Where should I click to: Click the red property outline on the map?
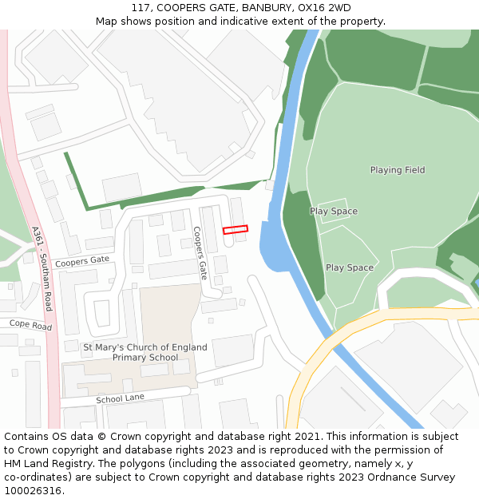[236, 229]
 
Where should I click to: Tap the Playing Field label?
[398, 170]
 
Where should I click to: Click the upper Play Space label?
[334, 212]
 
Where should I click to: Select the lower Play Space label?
[350, 267]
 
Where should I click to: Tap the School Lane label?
[120, 398]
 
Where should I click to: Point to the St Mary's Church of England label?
[145, 347]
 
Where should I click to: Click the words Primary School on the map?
[145, 358]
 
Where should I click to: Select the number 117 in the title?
[141, 8]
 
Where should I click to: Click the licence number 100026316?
[32, 490]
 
